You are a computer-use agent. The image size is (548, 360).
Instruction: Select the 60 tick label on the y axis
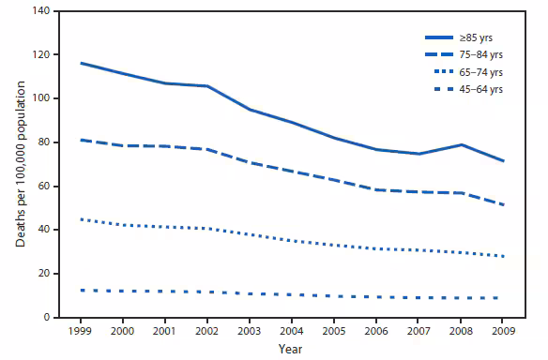click(x=42, y=187)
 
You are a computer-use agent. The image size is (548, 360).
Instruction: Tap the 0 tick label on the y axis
click(x=45, y=318)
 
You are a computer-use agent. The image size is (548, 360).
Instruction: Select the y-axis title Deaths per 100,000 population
click(x=19, y=164)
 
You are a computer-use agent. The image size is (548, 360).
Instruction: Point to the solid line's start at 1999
click(x=83, y=63)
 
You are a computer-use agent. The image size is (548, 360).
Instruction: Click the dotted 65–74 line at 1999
click(x=83, y=219)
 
